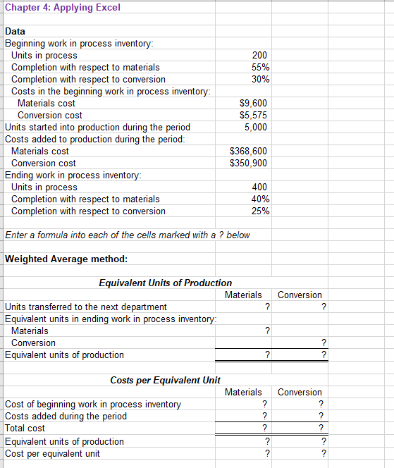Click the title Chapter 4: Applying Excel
pos(63,8)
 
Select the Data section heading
pos(15,32)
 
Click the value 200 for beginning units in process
pos(259,56)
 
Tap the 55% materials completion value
pos(259,68)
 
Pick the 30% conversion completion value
pos(259,80)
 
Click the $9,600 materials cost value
pos(253,104)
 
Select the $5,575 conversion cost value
pos(253,116)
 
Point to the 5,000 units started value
pos(255,128)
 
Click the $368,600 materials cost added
pos(249,152)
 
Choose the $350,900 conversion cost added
pos(249,164)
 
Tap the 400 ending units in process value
pos(259,187)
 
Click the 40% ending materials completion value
pos(259,199)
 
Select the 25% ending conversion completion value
pos(259,211)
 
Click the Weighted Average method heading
pos(66,259)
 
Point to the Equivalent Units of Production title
pos(165,283)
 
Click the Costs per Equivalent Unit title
pos(165,381)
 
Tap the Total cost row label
pos(25,429)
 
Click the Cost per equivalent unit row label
pos(52,454)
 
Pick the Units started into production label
pos(97,128)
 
